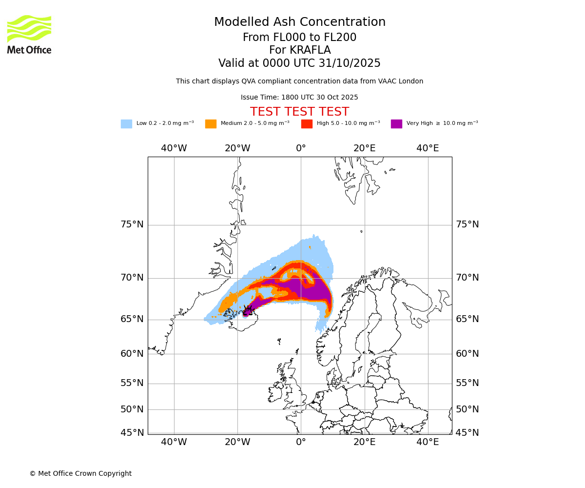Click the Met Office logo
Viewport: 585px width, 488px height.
29,34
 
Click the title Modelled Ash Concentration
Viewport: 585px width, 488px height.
300,22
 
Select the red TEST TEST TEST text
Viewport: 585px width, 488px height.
299,112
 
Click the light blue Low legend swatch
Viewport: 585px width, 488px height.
126,124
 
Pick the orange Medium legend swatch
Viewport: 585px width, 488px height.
211,124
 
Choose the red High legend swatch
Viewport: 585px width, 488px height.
307,124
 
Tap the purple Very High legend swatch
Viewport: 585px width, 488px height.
396,124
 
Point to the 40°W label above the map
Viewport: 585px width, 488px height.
174,148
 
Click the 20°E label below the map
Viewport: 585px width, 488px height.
365,442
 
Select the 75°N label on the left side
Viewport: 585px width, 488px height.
132,224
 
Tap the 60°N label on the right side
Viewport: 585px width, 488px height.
468,354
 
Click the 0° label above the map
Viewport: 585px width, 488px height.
301,148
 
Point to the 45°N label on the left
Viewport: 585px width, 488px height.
132,433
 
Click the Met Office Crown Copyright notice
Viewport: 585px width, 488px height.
80,474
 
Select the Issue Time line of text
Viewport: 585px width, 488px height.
299,98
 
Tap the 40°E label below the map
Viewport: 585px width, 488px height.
428,442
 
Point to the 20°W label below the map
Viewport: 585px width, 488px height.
237,442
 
